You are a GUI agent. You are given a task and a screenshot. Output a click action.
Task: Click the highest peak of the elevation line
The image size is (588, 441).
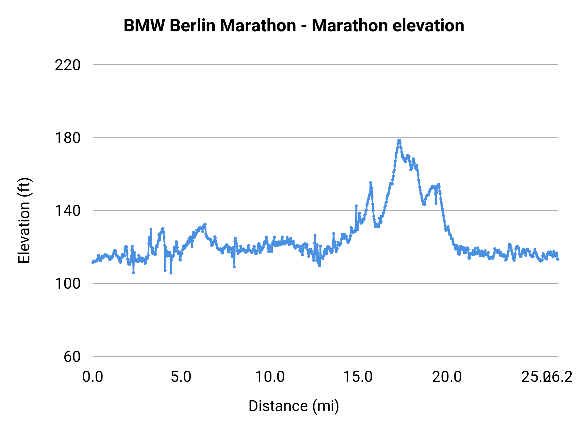pyautogui.click(x=399, y=140)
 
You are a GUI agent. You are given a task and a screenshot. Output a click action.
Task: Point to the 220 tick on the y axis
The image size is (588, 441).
pyautogui.click(x=68, y=65)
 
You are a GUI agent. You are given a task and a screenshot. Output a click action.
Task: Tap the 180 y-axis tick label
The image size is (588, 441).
pyautogui.click(x=68, y=138)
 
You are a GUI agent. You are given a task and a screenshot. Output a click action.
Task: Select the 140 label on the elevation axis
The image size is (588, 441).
pyautogui.click(x=68, y=211)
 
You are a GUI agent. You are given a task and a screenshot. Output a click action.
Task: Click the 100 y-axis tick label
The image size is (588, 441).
pyautogui.click(x=68, y=284)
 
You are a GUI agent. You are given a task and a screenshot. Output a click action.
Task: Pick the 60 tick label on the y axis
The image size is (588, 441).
pyautogui.click(x=72, y=357)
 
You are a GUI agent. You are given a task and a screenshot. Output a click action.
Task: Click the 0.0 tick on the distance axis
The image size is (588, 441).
pyautogui.click(x=93, y=377)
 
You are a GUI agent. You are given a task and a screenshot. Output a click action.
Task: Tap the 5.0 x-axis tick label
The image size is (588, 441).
pyautogui.click(x=181, y=377)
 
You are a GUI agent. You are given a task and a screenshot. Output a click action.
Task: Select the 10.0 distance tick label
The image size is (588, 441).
pyautogui.click(x=270, y=377)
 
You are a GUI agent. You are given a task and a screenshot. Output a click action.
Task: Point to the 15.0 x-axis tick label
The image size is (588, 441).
pyautogui.click(x=358, y=377)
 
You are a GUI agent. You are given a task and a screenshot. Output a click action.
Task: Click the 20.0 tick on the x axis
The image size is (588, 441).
pyautogui.click(x=447, y=377)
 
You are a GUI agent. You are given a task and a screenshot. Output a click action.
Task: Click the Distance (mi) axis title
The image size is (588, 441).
pyautogui.click(x=294, y=406)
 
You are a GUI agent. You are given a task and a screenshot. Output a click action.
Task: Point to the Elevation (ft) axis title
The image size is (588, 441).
pyautogui.click(x=24, y=220)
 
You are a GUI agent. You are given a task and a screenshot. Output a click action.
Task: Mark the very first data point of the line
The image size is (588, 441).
pyautogui.click(x=93, y=262)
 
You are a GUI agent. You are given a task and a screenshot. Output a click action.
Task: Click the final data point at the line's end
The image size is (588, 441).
pyautogui.click(x=558, y=259)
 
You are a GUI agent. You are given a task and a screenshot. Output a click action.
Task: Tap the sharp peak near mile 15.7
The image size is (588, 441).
pyautogui.click(x=370, y=183)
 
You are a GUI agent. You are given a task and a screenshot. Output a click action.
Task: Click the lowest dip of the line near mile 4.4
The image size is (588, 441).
pyautogui.click(x=171, y=273)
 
